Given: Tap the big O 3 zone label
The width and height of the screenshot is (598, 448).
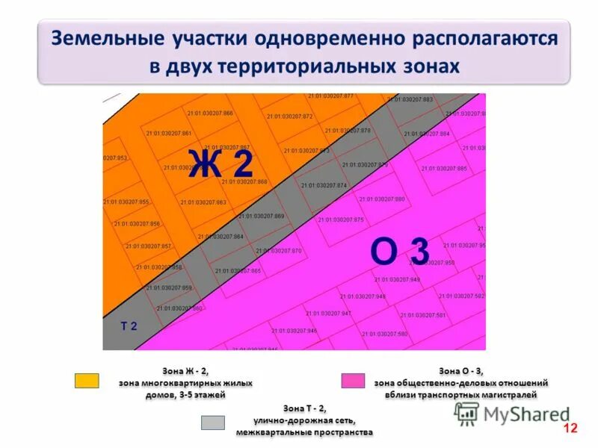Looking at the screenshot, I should [x=401, y=252].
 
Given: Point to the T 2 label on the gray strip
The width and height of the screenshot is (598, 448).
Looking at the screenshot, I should [x=129, y=326].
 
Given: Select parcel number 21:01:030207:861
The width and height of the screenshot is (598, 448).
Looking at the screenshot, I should [x=169, y=134].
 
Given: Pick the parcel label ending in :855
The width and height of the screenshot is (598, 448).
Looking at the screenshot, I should [x=126, y=202].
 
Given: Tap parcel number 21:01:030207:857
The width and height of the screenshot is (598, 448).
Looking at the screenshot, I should [x=148, y=246].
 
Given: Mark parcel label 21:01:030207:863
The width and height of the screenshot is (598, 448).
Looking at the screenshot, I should [x=203, y=202].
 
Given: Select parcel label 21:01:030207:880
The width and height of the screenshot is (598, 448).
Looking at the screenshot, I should [x=381, y=199].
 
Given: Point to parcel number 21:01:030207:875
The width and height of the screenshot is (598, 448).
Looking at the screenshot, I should [x=340, y=220].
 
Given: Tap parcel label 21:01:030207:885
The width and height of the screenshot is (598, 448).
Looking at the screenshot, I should [x=444, y=169].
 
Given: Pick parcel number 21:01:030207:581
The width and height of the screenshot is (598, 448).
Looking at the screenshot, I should [x=422, y=315].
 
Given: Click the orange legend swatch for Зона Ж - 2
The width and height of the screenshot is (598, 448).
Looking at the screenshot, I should [x=87, y=381].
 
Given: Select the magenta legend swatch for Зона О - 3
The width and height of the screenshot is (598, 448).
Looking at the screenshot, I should [x=353, y=381].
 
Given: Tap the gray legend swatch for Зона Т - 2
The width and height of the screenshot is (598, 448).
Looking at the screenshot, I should [x=213, y=422].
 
